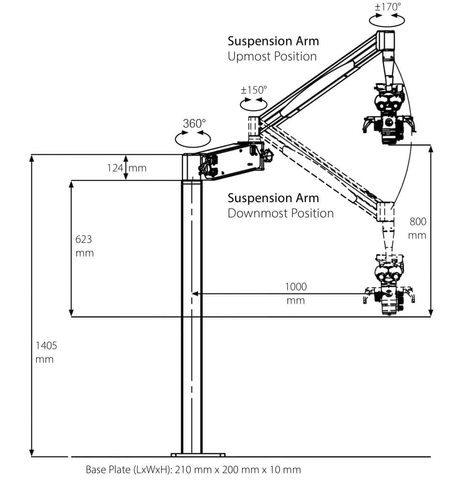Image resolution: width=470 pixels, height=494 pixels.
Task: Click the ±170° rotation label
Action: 388,7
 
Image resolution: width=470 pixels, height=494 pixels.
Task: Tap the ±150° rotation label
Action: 254,90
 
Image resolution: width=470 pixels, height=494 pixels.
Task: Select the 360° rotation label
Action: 194,123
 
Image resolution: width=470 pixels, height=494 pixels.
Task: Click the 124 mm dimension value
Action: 127,168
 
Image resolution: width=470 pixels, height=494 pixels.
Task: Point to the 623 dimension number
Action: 84,239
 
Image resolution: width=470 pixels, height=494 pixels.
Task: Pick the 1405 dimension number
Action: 46,345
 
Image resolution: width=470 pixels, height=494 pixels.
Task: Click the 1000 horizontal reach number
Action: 296,287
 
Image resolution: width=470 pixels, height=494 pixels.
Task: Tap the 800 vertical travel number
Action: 418,222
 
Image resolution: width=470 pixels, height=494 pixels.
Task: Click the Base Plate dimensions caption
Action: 193,470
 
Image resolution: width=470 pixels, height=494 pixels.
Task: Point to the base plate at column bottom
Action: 198,454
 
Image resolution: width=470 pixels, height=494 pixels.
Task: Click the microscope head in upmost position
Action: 388,116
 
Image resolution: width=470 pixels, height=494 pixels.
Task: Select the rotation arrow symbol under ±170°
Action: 386,19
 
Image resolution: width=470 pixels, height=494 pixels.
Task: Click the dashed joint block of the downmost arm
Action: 385,211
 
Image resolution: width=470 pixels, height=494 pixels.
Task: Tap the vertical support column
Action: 192,314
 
